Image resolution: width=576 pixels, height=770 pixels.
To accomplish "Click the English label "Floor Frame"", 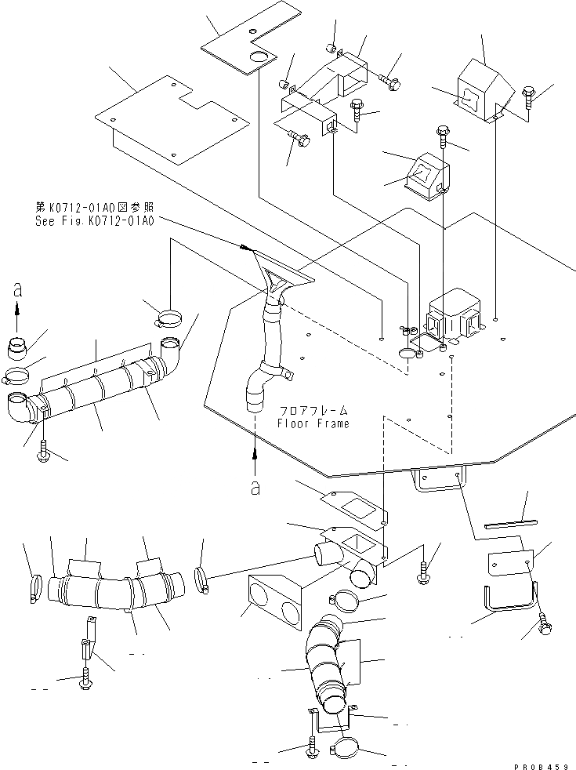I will coord(313,423).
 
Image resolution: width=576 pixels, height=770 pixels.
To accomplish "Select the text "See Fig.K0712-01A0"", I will coord(95,220).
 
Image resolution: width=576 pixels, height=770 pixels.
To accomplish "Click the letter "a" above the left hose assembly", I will coord(17,290).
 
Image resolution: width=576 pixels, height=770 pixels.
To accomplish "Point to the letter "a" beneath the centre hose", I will coord(255,487).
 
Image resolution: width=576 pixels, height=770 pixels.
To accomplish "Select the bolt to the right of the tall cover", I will coord(526,96).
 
